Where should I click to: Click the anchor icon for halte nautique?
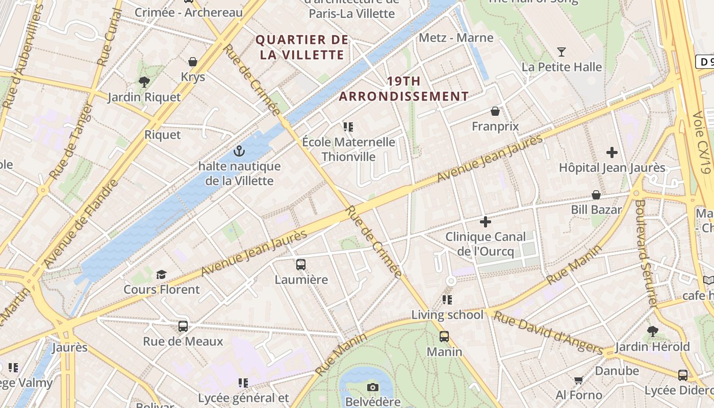click(238, 151)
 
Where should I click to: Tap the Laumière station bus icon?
click(301, 265)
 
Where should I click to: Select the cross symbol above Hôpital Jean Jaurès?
click(612, 152)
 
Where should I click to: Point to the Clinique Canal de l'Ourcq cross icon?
click(486, 222)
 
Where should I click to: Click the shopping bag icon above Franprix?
click(495, 111)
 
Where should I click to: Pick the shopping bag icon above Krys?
click(193, 62)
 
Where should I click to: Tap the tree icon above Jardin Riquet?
click(144, 82)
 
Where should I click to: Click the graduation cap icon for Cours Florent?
click(162, 274)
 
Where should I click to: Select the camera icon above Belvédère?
click(373, 387)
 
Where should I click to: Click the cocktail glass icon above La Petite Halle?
click(562, 52)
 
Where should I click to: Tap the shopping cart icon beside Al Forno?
click(578, 380)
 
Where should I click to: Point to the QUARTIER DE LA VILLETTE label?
click(302, 47)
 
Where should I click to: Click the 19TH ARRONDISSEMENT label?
click(404, 88)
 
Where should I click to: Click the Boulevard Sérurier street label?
click(645, 252)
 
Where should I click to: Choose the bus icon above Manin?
click(444, 337)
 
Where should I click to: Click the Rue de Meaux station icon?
click(183, 326)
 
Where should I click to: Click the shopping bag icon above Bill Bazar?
click(596, 195)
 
